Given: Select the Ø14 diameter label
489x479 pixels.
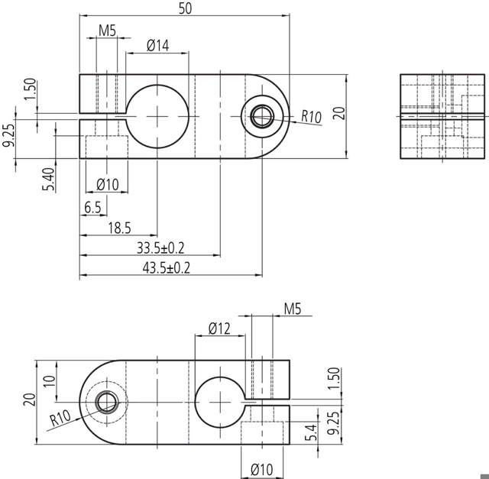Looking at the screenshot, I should click(157, 46).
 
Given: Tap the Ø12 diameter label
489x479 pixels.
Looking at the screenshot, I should click(220, 329).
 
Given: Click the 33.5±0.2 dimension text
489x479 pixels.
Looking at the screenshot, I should click(161, 248).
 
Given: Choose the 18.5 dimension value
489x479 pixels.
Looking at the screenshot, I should click(119, 228).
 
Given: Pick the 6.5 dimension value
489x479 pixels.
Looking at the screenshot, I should click(93, 208).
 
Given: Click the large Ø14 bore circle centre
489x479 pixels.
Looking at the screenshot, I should click(157, 116).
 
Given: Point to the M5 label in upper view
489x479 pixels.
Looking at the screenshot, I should click(107, 31).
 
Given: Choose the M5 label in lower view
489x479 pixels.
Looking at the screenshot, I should click(293, 309).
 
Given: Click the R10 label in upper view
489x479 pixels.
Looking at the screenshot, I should click(311, 117).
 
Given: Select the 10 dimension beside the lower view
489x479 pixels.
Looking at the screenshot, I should click(49, 380).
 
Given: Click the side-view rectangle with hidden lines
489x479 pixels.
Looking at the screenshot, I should click(443, 117).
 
